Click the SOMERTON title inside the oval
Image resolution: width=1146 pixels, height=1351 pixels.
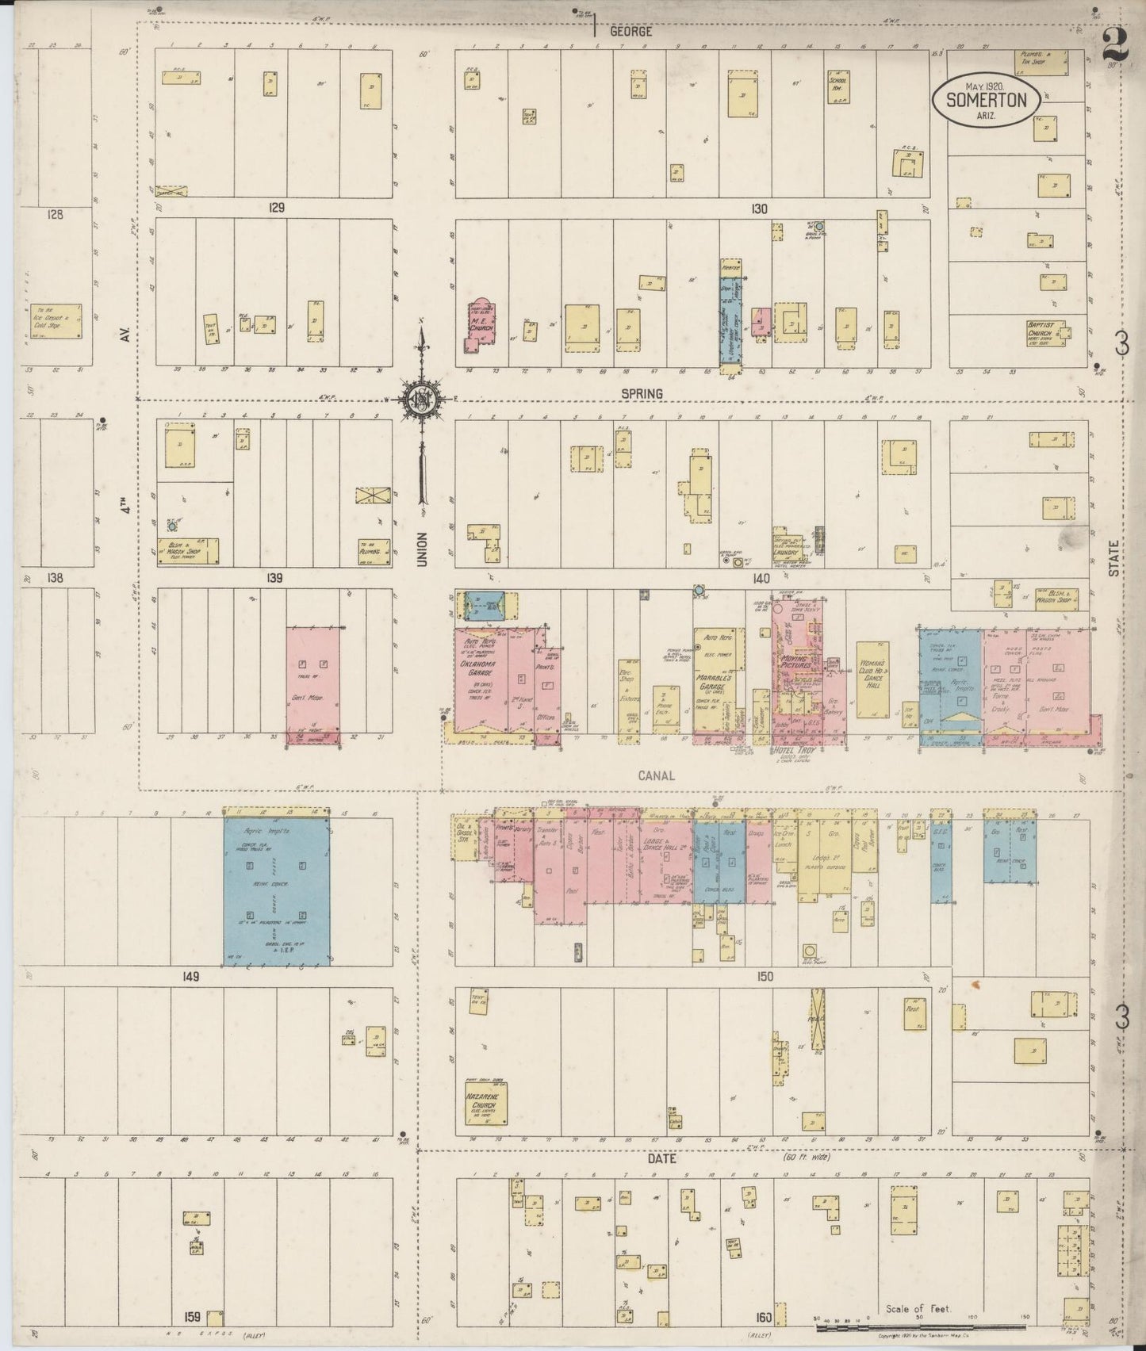pyautogui.click(x=984, y=100)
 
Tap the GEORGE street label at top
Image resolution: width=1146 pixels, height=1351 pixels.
pyautogui.click(x=631, y=33)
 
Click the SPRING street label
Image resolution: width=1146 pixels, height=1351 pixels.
pyautogui.click(x=642, y=393)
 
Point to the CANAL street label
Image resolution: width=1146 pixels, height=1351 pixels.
pyautogui.click(x=656, y=775)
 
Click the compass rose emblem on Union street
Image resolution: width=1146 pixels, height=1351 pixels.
pyautogui.click(x=420, y=399)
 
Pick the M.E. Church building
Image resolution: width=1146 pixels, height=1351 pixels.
pyautogui.click(x=481, y=323)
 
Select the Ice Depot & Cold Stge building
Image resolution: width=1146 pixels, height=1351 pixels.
pyautogui.click(x=56, y=321)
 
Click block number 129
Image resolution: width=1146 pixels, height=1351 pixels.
pyautogui.click(x=276, y=208)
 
